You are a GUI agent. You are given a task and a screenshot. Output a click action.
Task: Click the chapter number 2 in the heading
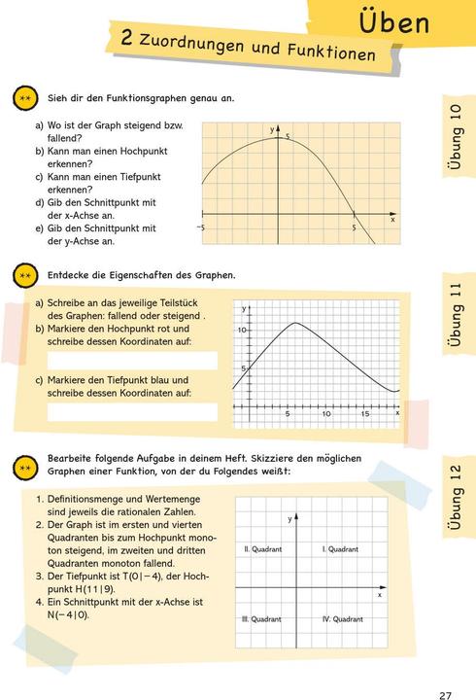click(127, 38)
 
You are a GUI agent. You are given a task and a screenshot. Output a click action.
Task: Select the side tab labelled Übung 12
click(456, 495)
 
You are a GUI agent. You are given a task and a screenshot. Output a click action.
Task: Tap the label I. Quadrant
click(340, 549)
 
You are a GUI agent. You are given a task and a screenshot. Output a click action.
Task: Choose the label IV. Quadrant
click(342, 619)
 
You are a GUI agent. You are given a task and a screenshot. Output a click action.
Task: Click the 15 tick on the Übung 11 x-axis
click(365, 414)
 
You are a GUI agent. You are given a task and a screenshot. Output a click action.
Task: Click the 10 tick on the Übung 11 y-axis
click(244, 332)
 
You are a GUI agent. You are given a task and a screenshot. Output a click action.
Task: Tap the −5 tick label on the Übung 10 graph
click(200, 227)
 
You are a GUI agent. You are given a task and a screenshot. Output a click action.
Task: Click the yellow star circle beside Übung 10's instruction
click(26, 99)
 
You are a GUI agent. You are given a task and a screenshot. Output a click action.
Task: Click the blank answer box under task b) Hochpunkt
click(132, 362)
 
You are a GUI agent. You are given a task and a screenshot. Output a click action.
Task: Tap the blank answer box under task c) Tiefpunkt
click(132, 412)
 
